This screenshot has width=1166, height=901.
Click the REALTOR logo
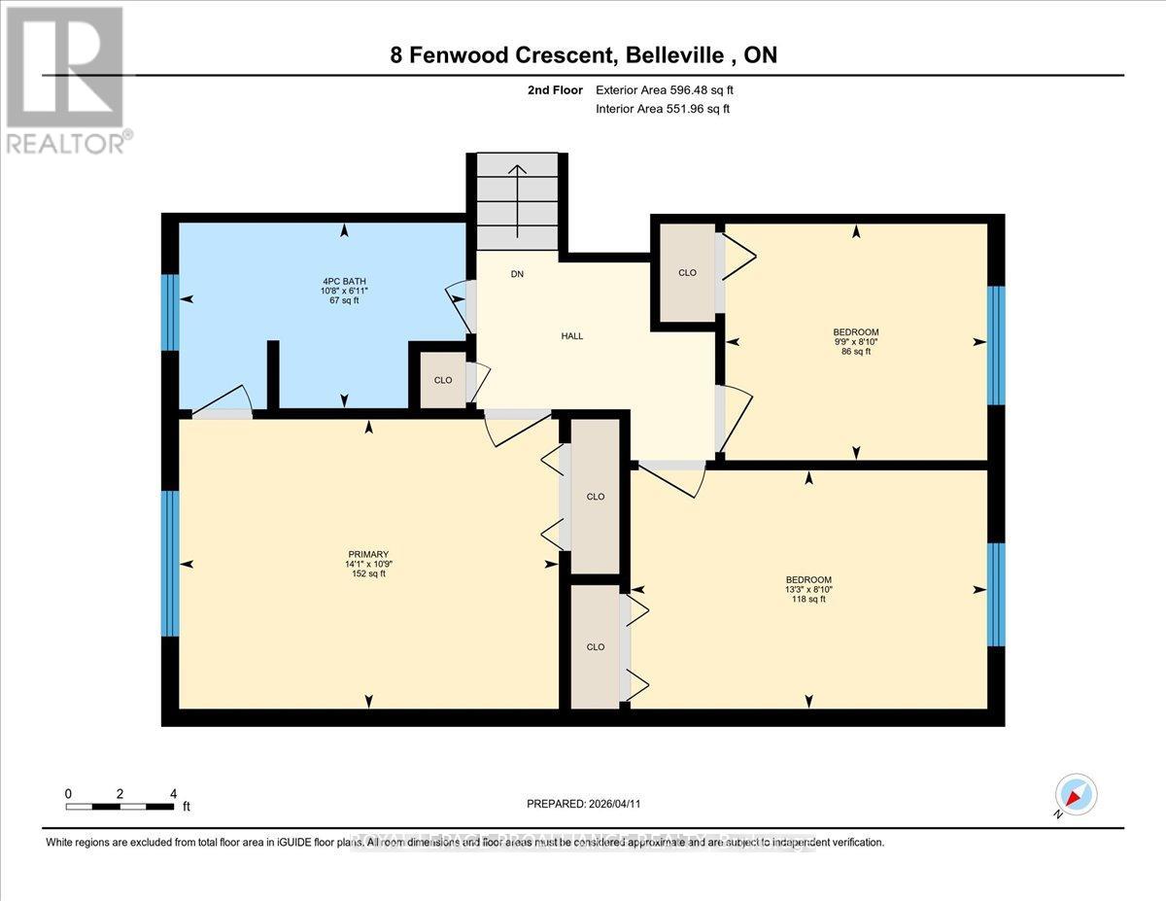(x=66, y=78)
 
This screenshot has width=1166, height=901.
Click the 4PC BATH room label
(x=344, y=290)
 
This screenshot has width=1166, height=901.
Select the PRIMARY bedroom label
(x=368, y=562)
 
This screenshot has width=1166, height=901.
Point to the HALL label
(x=572, y=335)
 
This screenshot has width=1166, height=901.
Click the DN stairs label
(x=517, y=274)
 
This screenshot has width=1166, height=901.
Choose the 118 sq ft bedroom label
(x=808, y=589)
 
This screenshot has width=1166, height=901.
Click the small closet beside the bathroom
(x=442, y=380)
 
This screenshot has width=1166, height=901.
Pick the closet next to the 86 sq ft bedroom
(x=687, y=273)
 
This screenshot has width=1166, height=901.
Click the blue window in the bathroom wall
(x=170, y=312)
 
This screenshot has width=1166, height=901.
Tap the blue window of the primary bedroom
(x=170, y=564)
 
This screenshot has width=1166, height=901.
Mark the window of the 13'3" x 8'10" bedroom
(x=996, y=594)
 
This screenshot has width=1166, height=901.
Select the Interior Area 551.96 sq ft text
(x=662, y=109)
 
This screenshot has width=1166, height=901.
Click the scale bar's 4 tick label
(x=173, y=793)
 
